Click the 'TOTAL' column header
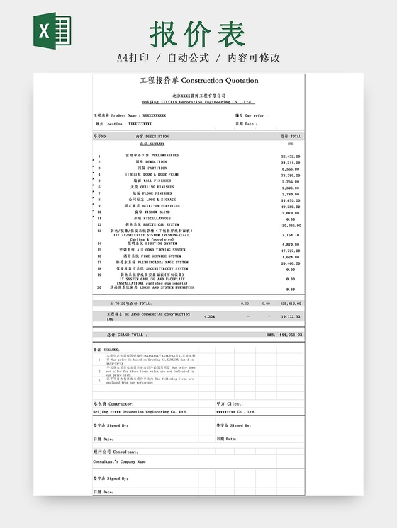click(x=291, y=136)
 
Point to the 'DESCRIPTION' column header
click(x=152, y=136)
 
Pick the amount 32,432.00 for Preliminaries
click(x=291, y=156)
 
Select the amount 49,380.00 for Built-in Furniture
click(x=291, y=206)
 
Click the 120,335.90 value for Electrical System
click(x=291, y=225)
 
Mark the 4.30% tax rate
click(x=209, y=316)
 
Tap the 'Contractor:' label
click(x=114, y=403)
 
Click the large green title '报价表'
click(x=198, y=33)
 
